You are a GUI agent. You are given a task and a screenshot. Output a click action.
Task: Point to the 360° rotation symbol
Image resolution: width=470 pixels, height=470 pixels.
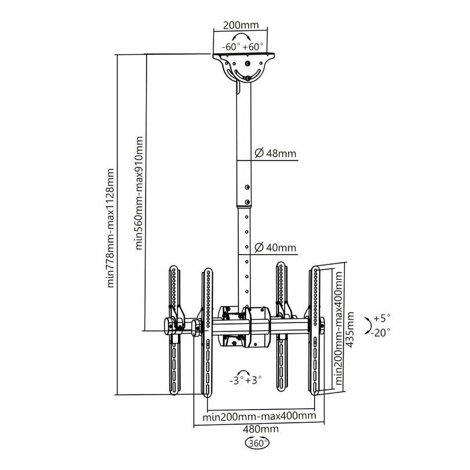click(x=257, y=443)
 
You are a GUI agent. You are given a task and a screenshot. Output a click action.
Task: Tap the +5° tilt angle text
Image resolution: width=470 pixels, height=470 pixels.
click(x=382, y=317)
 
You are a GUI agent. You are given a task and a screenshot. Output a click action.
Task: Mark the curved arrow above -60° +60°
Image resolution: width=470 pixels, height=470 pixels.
click(x=242, y=37)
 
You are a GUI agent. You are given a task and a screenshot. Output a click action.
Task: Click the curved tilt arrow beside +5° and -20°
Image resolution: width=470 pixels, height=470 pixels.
click(x=368, y=325)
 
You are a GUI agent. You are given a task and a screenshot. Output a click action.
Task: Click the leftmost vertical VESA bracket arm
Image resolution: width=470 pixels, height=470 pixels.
click(x=174, y=329)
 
